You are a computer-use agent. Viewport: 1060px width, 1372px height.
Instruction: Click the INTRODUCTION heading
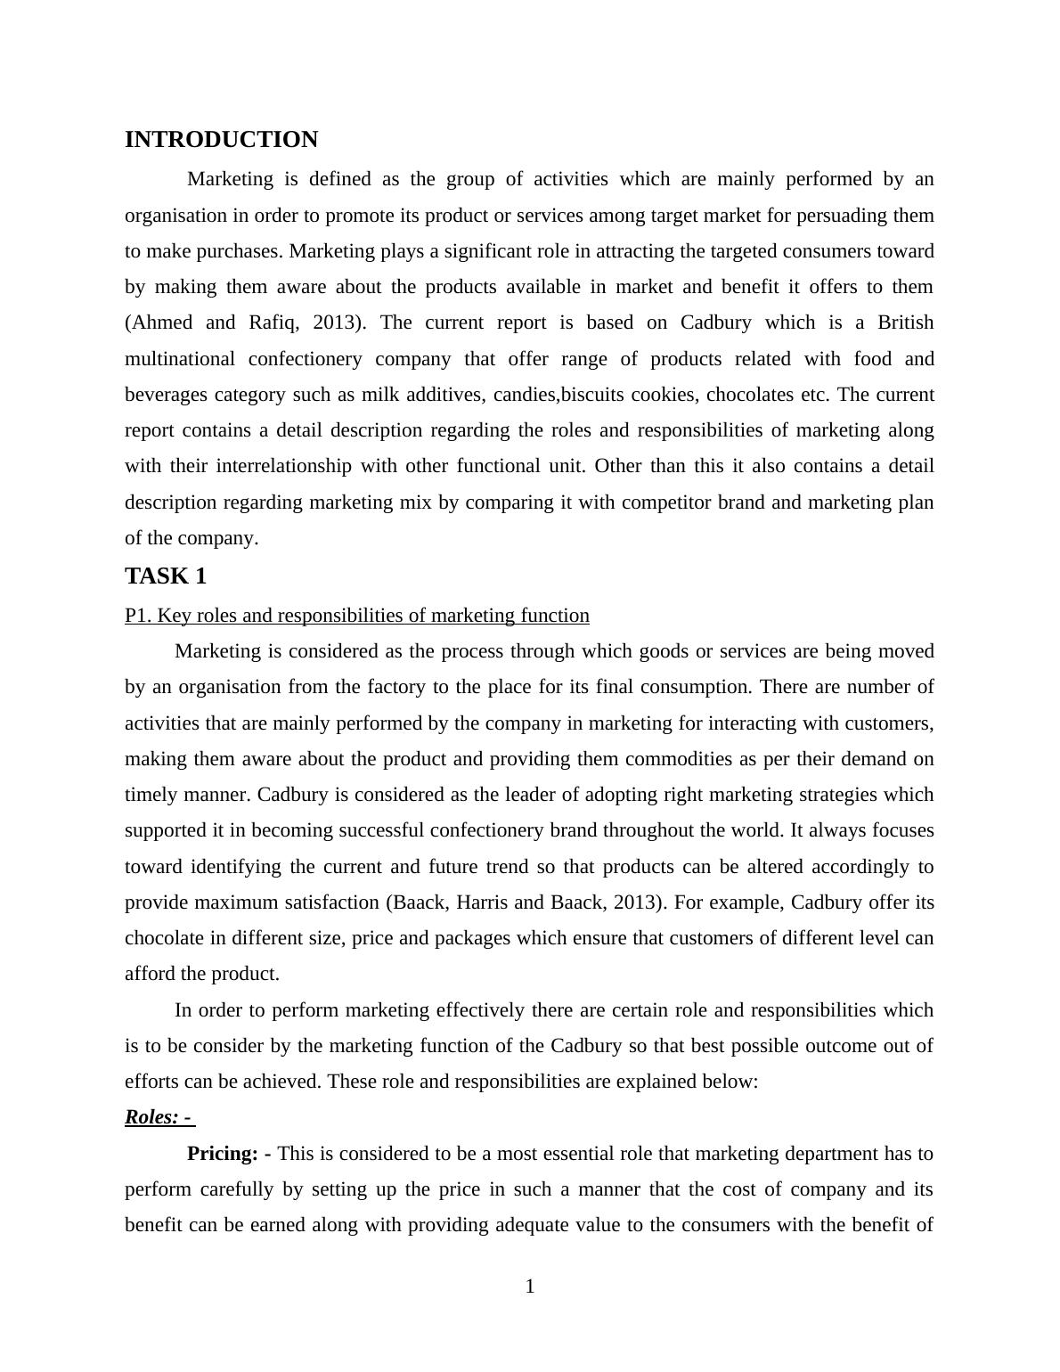[221, 140]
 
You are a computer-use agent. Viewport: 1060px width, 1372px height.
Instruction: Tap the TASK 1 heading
[166, 576]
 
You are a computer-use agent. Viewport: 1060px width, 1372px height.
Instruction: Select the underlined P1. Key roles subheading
[356, 616]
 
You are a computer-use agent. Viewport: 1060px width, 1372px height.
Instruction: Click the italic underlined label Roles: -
[159, 1117]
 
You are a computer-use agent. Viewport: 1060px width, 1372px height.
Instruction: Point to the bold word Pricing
[222, 1154]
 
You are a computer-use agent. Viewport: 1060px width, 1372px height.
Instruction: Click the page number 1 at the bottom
[530, 1286]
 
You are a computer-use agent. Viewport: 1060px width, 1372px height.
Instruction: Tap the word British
[905, 323]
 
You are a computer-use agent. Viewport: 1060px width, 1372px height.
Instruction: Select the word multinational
[180, 359]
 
